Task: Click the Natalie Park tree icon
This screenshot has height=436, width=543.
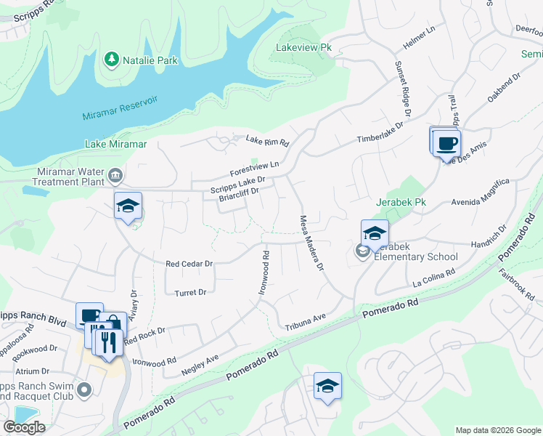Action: pos(112,58)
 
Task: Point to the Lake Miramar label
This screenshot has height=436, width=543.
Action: pos(116,144)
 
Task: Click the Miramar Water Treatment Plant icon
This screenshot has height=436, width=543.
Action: pos(115,175)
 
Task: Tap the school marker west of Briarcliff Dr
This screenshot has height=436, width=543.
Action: pos(128,206)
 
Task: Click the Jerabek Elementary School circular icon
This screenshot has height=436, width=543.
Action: pos(362,251)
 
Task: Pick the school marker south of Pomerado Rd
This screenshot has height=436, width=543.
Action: pos(327,387)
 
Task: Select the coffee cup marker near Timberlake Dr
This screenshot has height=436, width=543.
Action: pos(447,142)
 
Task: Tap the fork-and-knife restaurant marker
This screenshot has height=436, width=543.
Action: pos(109,342)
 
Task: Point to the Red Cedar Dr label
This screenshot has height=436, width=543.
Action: pos(189,264)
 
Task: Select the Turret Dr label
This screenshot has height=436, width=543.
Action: pos(191,292)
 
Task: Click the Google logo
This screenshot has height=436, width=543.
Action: pos(24,427)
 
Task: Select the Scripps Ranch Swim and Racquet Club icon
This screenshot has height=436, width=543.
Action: pos(84,391)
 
